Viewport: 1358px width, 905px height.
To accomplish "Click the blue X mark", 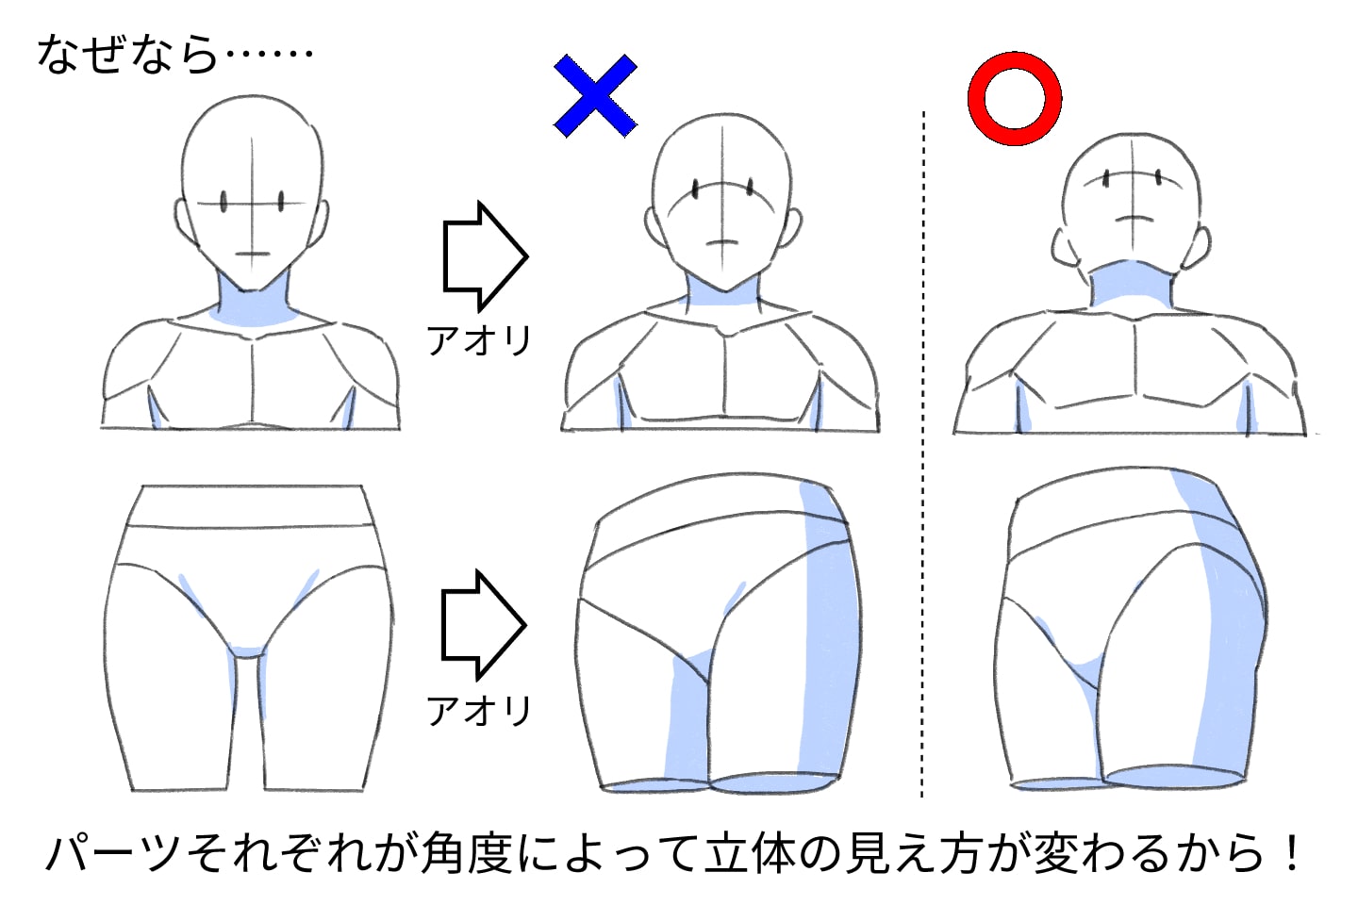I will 595,95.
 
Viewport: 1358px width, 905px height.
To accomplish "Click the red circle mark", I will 1015,98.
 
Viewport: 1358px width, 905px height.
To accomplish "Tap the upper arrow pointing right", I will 484,255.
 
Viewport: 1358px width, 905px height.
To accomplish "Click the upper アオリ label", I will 479,339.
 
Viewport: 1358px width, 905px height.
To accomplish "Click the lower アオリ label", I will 479,710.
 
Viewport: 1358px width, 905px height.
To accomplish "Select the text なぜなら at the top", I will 127,54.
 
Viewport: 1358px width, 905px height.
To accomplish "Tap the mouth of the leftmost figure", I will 252,254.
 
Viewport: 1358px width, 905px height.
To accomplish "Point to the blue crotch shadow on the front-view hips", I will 247,650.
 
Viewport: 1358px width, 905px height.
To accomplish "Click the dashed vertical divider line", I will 923,452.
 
